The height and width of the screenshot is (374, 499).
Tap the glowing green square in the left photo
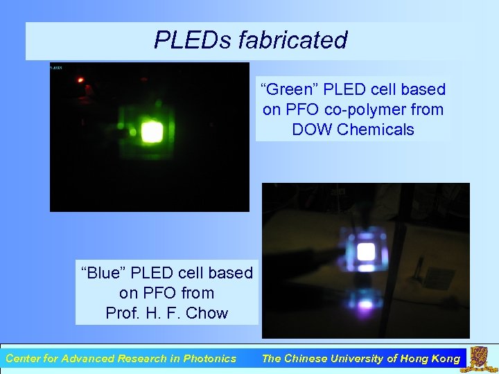[151, 130]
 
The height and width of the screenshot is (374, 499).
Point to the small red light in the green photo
[80, 80]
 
